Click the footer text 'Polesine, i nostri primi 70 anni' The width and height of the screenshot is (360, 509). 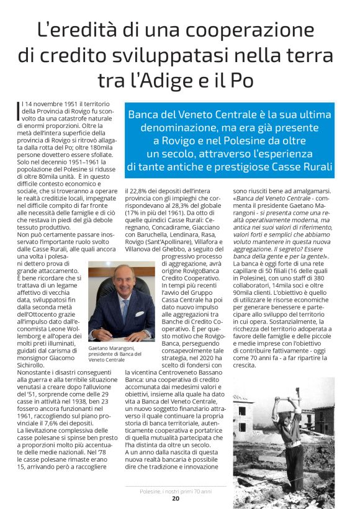(x=176, y=491)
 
